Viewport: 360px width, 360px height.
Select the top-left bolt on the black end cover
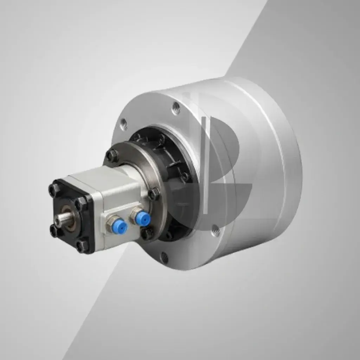54,190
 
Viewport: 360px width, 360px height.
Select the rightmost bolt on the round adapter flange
154,193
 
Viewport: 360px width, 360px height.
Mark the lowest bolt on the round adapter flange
147,233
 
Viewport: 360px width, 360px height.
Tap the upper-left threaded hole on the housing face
123,123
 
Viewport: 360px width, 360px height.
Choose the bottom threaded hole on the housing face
164,257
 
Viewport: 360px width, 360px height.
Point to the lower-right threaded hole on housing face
216,231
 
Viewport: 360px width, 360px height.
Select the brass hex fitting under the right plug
135,214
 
